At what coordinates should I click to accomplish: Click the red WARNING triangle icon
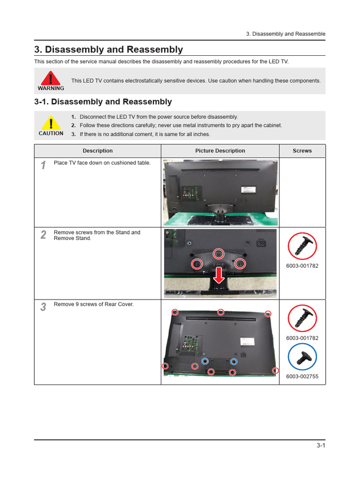coord(51,78)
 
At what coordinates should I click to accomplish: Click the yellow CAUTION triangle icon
coord(51,124)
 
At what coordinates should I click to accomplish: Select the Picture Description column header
coord(220,151)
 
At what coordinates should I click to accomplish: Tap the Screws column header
coord(302,151)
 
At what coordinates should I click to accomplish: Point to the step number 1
coord(43,165)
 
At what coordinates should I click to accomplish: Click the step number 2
coord(43,235)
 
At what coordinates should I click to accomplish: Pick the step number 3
coord(43,307)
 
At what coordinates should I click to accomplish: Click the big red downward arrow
coord(218,275)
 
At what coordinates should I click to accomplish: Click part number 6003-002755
coord(302,376)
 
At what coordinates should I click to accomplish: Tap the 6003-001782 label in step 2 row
coord(302,266)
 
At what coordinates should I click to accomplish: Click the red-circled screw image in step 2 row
coord(302,246)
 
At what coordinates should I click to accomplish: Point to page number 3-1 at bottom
coord(321,446)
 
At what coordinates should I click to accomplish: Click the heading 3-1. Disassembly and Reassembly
coord(103,102)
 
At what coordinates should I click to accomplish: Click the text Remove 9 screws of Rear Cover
coord(94,304)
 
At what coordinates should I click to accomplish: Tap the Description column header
coord(97,151)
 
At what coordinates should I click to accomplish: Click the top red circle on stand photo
coord(218,254)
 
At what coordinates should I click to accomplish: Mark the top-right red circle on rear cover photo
coord(268,314)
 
